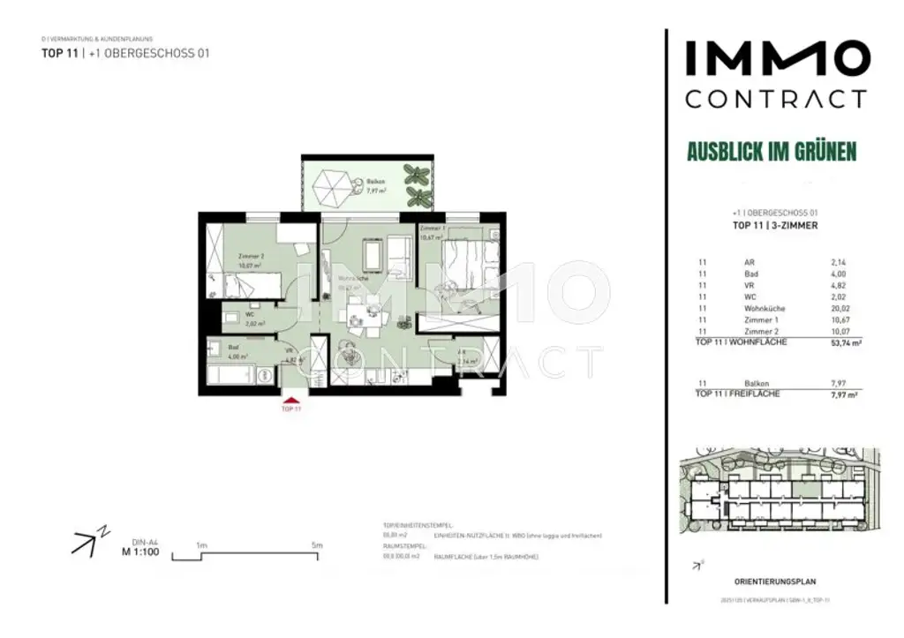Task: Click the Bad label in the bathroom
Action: [x=234, y=349]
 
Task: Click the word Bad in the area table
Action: [x=750, y=274]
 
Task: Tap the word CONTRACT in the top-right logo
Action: [x=776, y=98]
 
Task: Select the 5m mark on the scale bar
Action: [x=317, y=546]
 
